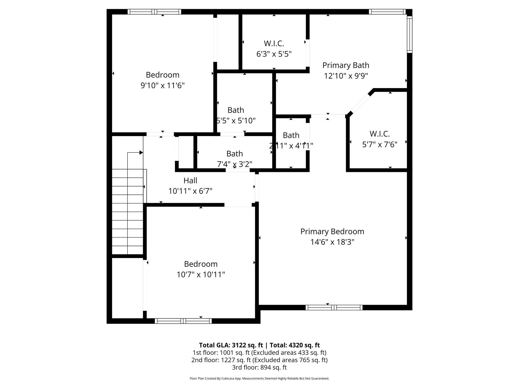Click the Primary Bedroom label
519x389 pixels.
point(332,231)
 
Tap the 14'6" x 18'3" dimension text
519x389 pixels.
point(332,242)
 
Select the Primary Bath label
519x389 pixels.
point(346,65)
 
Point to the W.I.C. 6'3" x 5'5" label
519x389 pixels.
point(274,44)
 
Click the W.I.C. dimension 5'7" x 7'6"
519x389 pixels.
point(380,145)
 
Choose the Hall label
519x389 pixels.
point(190,181)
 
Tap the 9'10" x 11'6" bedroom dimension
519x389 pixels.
point(162,86)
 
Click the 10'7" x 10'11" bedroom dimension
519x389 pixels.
point(201,275)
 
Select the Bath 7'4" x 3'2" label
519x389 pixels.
point(234,154)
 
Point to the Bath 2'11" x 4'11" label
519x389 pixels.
point(291,135)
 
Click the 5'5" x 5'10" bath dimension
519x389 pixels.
point(236,121)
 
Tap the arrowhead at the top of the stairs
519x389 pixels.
point(141,152)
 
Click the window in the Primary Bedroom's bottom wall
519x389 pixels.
point(334,307)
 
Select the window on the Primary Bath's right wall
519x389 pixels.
point(410,34)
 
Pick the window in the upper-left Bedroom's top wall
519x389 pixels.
point(154,12)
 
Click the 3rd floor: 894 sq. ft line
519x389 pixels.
point(259,367)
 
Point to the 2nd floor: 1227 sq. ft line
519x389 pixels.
point(259,360)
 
